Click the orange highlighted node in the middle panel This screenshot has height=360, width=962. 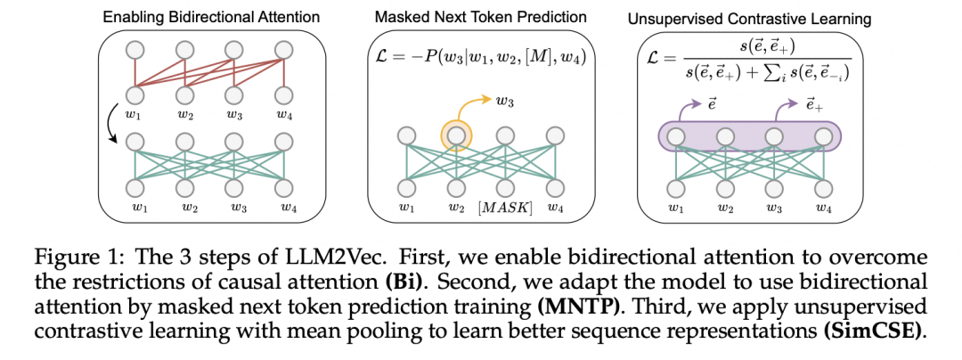pos(456,136)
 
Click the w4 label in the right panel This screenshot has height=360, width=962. pos(822,208)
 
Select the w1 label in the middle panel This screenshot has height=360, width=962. pos(406,209)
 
